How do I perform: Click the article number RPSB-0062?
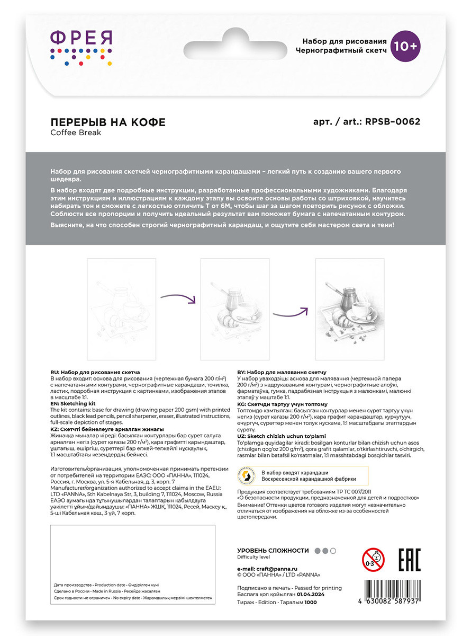393,121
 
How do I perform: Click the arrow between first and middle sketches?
178,298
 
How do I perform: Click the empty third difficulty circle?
333,551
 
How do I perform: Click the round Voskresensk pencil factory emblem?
247,476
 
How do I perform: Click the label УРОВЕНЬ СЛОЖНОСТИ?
273,551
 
